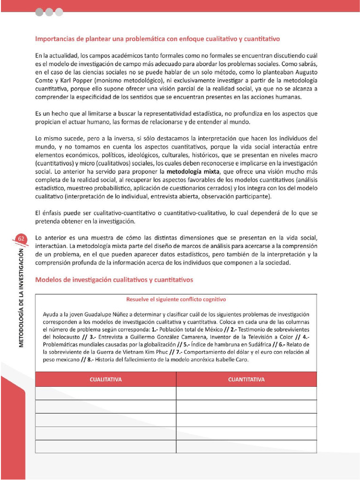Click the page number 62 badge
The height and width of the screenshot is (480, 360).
tap(21, 239)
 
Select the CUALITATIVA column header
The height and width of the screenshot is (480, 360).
tap(105, 379)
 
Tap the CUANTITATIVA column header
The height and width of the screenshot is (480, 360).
tap(246, 379)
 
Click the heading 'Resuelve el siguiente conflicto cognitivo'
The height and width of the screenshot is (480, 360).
tap(176, 299)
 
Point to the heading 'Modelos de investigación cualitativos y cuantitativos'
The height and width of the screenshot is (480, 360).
tap(114, 279)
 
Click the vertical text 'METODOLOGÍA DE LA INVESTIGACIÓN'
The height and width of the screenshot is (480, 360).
tap(21, 297)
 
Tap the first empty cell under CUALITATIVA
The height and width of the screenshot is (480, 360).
tap(105, 393)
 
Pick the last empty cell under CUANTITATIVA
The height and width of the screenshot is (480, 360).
tap(246, 447)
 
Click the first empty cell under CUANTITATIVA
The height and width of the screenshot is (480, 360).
tap(246, 393)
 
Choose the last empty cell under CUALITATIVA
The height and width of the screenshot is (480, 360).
tap(105, 447)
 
